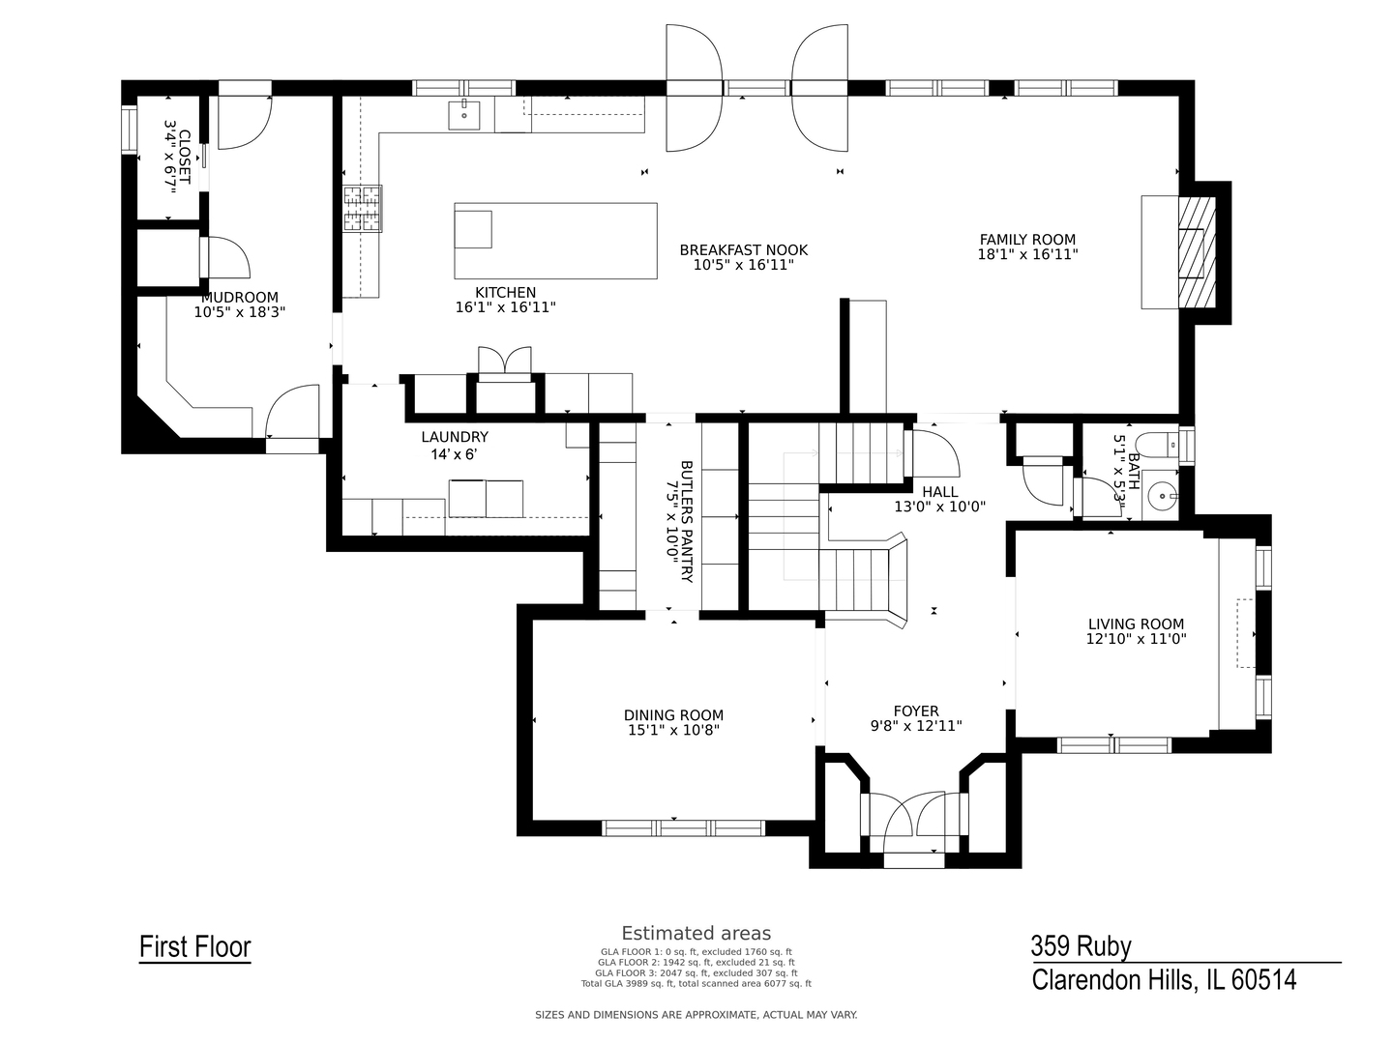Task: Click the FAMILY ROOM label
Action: pos(1027,240)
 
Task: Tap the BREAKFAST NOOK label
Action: pos(744,250)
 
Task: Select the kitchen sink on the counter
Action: pos(464,115)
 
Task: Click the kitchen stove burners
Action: pos(363,209)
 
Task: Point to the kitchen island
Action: pos(555,241)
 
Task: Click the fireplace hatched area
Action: pos(1197,252)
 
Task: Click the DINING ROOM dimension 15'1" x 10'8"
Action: pos(674,730)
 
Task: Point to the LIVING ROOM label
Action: pos(1136,623)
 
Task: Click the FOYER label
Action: pos(916,711)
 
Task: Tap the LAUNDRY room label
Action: pos(455,437)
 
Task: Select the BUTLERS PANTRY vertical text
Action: pos(686,521)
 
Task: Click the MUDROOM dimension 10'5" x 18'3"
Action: pos(240,312)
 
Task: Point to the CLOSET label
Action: pos(184,158)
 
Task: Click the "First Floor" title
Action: pos(195,947)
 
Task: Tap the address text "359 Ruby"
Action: pos(1081,946)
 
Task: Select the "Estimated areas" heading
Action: pos(696,933)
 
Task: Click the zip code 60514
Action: pos(1263,980)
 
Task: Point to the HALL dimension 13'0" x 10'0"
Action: pos(940,507)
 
